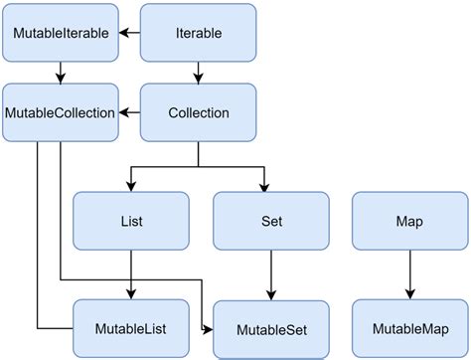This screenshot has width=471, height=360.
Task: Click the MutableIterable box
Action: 61,33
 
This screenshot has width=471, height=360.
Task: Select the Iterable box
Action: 198,33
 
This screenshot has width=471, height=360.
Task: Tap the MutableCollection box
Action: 61,112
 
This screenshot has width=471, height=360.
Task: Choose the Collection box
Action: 198,112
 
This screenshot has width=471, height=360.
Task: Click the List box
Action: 131,221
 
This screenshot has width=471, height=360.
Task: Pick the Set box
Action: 271,221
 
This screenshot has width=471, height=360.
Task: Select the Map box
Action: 410,221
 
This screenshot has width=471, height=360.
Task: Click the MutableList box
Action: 131,327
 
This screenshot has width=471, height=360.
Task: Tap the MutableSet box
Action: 271,327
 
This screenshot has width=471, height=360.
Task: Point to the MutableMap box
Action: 410,327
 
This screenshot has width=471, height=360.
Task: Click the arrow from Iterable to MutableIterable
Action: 129,33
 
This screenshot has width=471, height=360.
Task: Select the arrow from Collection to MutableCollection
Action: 129,112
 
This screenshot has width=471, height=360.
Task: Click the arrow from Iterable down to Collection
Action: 198,72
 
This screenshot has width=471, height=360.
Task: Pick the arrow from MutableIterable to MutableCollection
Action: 61,72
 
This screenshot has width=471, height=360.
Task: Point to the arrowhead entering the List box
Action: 131,185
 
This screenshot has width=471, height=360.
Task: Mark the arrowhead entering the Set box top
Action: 265,185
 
